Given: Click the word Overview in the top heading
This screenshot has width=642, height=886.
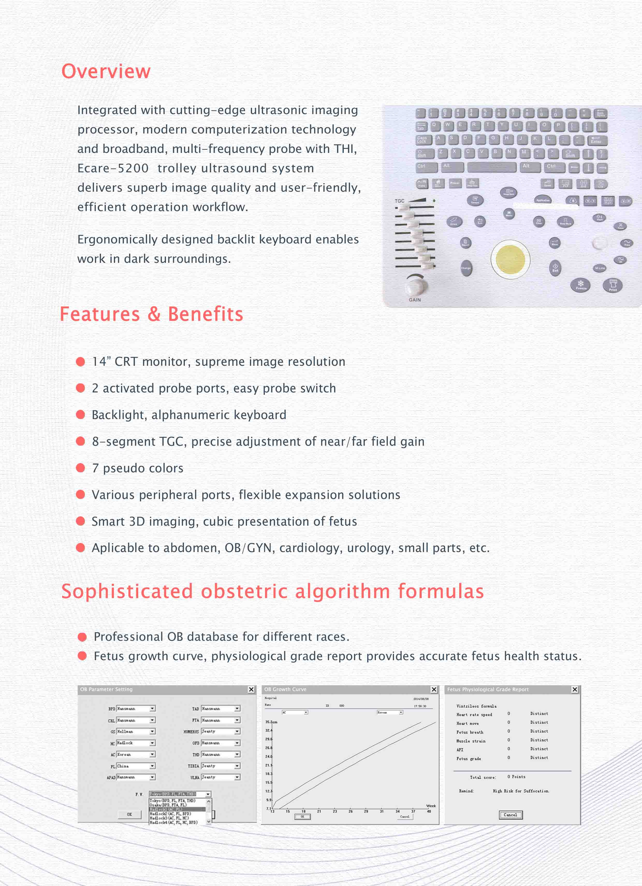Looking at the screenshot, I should [x=106, y=71].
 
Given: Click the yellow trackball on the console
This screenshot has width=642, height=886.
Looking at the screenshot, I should [x=510, y=259].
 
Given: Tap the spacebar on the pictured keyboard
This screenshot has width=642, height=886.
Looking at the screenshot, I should [x=492, y=167].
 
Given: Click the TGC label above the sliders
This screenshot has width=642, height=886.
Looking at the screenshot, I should [x=399, y=201].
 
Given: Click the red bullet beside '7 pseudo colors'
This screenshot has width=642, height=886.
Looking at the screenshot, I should [x=81, y=468].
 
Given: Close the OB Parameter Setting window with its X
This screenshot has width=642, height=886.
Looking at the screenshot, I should [x=251, y=689].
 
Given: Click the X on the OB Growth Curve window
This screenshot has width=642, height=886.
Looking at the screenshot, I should [x=434, y=689].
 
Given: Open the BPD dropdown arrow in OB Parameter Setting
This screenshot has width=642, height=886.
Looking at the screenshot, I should [x=152, y=709].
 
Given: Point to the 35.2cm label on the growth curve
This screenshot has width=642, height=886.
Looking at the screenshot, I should [x=271, y=722].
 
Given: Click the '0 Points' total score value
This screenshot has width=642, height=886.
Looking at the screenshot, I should [x=516, y=777].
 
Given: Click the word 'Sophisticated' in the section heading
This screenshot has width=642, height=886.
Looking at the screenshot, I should [x=127, y=591].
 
